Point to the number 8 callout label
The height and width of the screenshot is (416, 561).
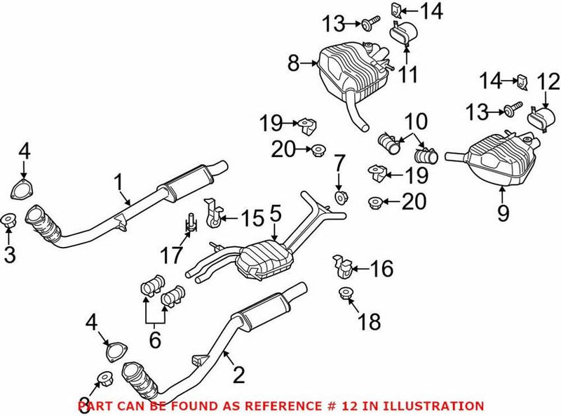click(292, 65)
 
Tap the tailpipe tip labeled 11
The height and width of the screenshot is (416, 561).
click(404, 32)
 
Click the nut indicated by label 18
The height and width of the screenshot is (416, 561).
click(345, 294)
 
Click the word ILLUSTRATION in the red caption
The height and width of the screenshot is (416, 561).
click(438, 406)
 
